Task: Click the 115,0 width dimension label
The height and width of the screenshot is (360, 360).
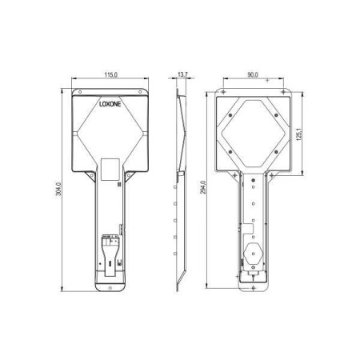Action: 110,74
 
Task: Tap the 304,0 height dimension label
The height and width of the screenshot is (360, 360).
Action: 58,189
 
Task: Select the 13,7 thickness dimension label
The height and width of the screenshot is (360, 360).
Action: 182,74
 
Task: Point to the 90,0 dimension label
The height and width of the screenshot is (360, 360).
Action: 253,74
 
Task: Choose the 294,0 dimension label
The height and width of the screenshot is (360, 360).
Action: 203,187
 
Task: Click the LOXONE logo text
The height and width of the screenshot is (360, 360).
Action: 110,104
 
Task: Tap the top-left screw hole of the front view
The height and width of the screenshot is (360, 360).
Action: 79,92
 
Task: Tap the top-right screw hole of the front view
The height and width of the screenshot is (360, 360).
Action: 140,92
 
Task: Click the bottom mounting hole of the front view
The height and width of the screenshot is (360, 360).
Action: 110,288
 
